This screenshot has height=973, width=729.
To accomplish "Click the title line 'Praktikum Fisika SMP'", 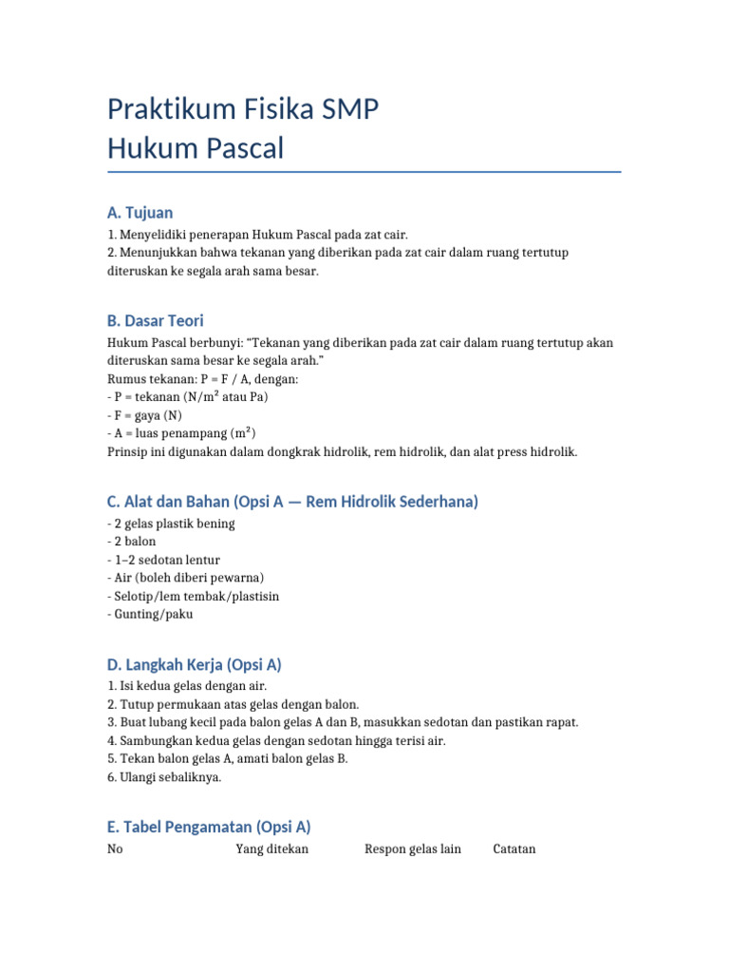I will coord(243,110).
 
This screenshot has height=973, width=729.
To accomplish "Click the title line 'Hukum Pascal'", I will coord(196,149).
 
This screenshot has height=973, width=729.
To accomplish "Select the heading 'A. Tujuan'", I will coord(140,213).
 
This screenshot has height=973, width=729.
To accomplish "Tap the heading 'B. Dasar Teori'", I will coord(156,321).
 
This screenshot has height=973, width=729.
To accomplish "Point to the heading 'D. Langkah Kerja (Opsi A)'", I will coord(195,664).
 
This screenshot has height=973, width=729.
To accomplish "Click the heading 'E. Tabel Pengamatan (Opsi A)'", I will coord(209,827).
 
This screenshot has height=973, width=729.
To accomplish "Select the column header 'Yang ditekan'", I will coord(271,849).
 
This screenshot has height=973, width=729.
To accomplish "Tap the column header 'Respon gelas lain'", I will coord(413,849).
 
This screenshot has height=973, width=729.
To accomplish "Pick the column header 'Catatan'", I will coord(514,849).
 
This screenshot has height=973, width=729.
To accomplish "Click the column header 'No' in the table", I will coord(116,849).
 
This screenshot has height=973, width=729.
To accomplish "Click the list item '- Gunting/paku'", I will coord(151,614).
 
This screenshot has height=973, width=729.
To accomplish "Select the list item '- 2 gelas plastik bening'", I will coord(171,524).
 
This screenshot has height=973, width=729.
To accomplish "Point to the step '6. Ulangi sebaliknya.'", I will coord(164,776).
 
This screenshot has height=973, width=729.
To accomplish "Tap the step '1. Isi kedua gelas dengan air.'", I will coord(187,686).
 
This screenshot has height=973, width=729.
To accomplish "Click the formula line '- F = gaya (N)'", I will coord(147,415).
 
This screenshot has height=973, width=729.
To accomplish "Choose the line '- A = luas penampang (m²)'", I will coord(182,433).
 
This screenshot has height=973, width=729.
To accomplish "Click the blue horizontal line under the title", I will coord(364,172).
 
